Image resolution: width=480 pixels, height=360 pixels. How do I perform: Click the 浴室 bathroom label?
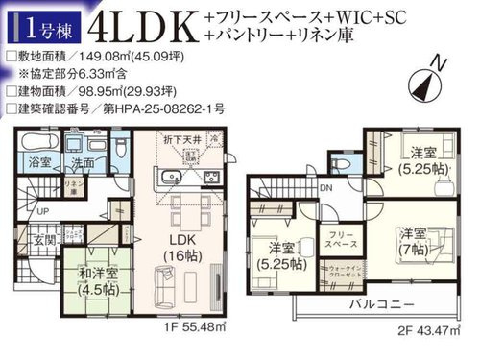39,162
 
